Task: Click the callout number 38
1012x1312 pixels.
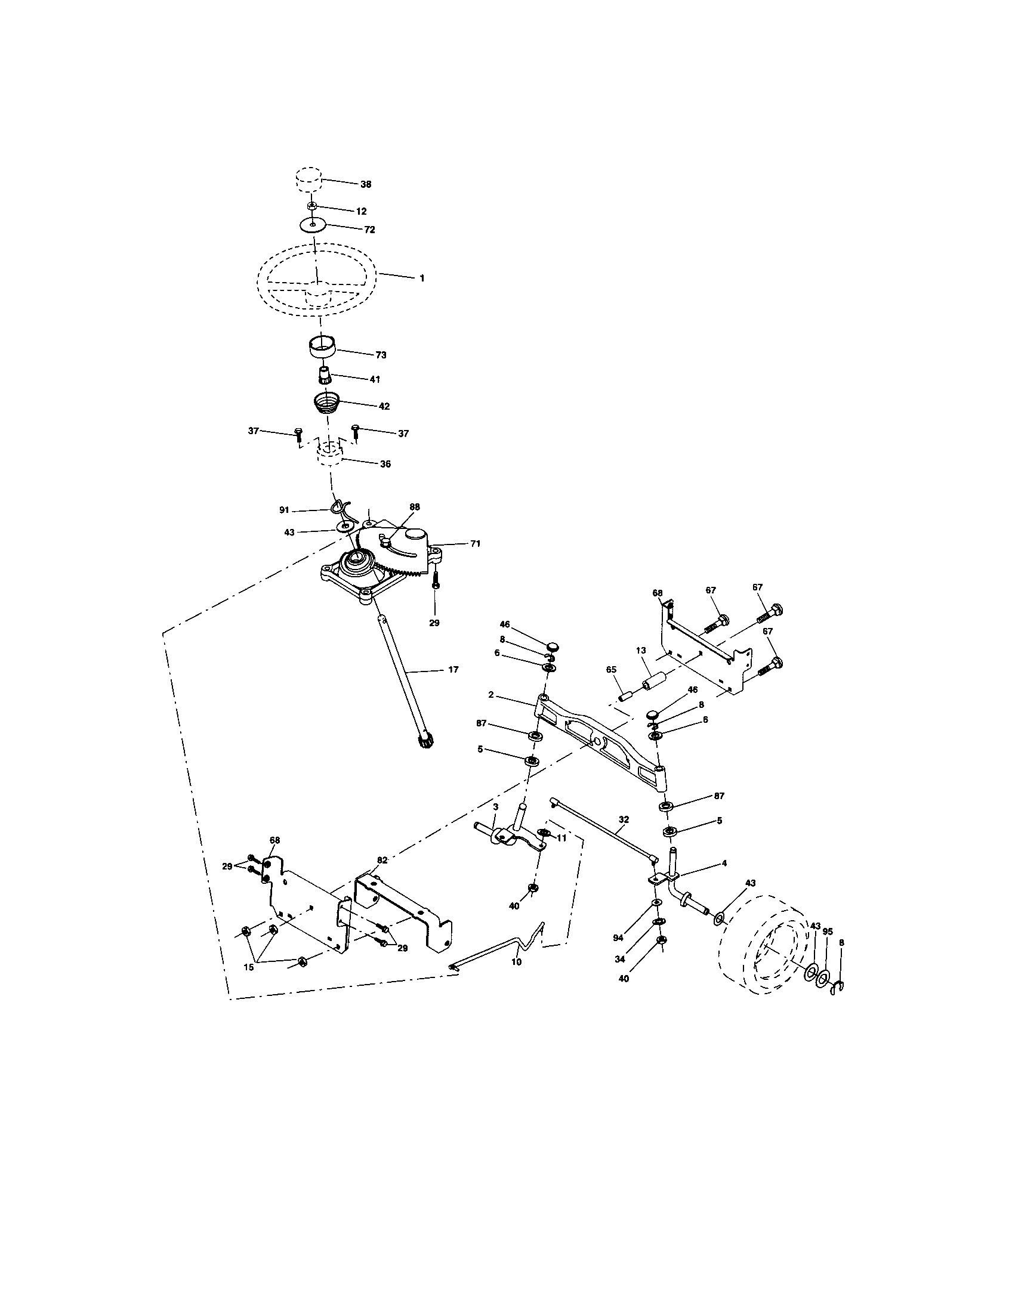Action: coord(365,184)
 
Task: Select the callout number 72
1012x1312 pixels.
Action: coord(369,230)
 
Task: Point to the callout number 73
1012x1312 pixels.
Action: coord(381,355)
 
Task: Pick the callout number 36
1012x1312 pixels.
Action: coord(385,464)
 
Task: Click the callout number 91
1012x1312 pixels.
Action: coord(284,510)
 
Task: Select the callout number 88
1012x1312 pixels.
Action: coord(414,507)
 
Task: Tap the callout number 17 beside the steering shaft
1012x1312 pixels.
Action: coord(453,669)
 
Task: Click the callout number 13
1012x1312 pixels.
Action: coord(641,650)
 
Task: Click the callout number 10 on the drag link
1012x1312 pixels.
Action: coord(516,962)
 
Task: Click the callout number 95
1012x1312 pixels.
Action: coord(828,932)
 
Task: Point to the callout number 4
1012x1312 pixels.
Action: coord(724,864)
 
